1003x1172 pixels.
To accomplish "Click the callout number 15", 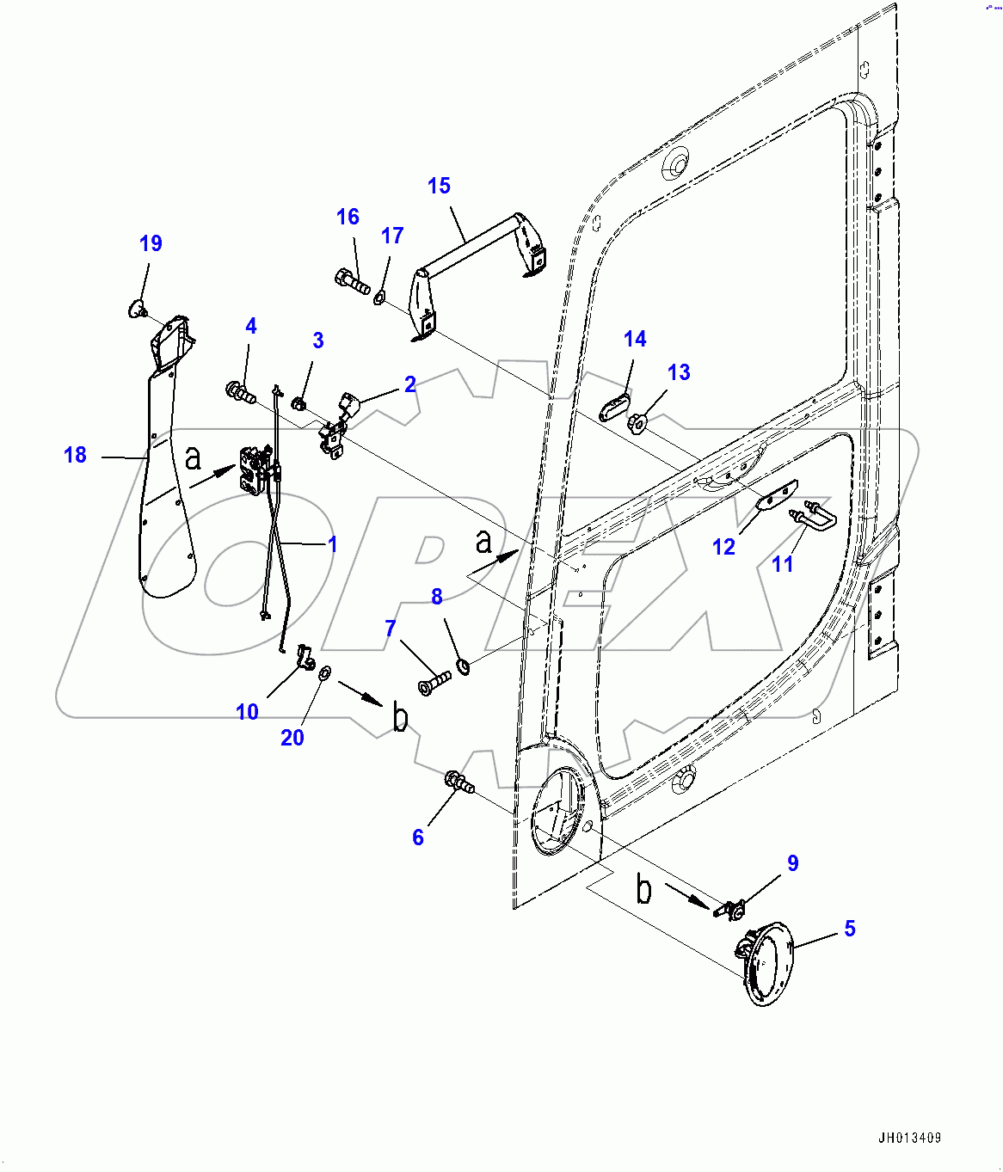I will tap(439, 186).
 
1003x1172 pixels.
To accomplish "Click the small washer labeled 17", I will tap(379, 298).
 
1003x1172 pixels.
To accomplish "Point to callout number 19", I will tap(151, 243).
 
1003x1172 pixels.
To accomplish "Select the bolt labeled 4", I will tap(241, 394).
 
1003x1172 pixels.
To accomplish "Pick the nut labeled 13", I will tap(637, 423).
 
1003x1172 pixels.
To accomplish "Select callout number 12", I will tap(723, 547).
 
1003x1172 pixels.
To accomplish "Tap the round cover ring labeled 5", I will tap(766, 963).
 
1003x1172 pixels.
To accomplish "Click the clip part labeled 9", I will tap(731, 909).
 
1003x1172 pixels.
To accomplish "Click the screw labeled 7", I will tap(435, 684).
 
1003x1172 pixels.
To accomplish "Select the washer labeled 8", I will tap(464, 665).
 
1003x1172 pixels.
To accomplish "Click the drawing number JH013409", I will tap(910, 1138).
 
